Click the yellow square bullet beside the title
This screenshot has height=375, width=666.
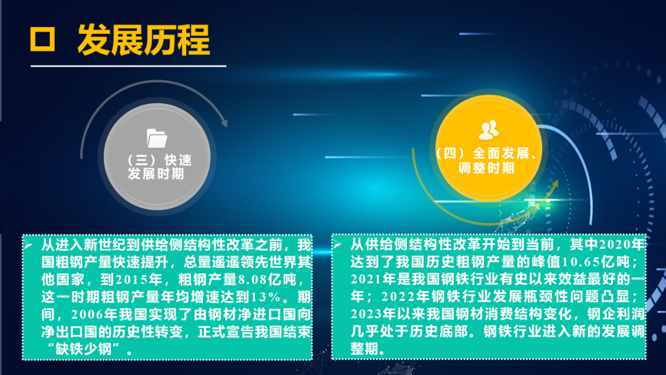[x=43, y=39]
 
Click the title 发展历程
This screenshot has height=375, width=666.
[x=144, y=40]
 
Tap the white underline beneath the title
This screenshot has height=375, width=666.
[x=128, y=66]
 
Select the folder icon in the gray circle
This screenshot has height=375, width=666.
[x=157, y=138]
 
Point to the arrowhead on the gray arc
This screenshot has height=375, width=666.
[x=224, y=123]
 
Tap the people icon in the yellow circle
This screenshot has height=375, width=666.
[x=488, y=130]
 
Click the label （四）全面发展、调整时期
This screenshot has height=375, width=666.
[x=487, y=160]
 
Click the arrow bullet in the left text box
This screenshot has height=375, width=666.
[x=28, y=245]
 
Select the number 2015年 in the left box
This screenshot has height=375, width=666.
[x=139, y=279]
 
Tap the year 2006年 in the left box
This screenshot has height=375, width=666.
[x=94, y=315]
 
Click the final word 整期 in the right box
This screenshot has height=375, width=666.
[x=364, y=348]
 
